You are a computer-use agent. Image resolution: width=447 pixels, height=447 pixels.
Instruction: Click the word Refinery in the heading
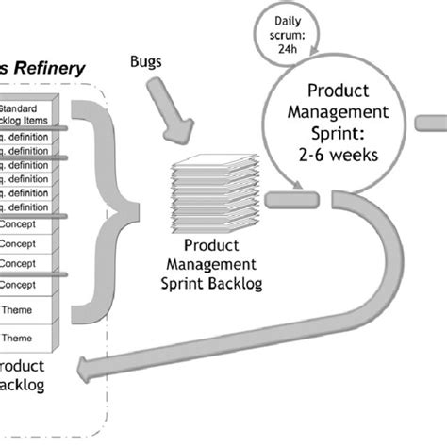(49, 68)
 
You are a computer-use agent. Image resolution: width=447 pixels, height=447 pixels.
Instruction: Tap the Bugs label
(146, 62)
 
